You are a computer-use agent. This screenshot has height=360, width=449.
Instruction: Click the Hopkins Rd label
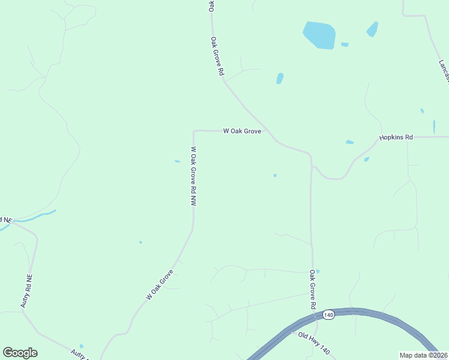(396, 137)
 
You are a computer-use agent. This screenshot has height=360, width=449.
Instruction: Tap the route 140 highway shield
(328, 314)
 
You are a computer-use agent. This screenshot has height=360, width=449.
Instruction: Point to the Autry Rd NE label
(25, 292)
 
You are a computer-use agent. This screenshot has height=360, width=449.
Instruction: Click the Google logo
(20, 353)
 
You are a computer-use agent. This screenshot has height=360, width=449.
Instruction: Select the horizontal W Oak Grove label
(242, 131)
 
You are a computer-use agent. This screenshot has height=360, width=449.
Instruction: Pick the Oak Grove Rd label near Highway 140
(313, 289)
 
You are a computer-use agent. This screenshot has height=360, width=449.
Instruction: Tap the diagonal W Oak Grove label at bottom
(159, 285)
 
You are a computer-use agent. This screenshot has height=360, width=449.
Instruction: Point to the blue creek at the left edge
(36, 217)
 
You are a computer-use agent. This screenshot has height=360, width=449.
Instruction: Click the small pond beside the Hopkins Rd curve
(366, 160)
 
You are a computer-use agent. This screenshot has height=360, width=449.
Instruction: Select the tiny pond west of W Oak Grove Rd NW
(177, 161)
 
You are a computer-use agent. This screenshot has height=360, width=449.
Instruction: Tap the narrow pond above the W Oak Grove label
(280, 79)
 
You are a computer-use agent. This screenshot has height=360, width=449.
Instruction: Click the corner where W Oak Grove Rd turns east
(193, 131)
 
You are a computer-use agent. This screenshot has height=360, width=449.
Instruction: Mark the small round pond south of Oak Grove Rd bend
(275, 175)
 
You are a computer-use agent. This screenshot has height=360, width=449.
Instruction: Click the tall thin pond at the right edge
(434, 127)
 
